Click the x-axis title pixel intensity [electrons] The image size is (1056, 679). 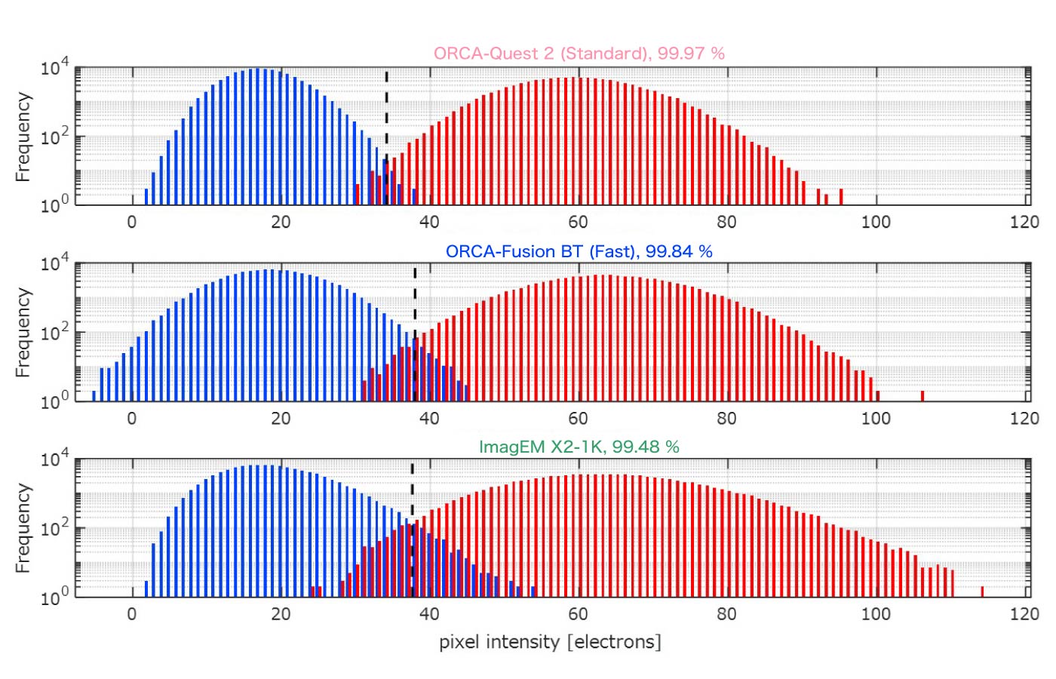click(550, 642)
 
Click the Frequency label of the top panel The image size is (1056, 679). click(23, 137)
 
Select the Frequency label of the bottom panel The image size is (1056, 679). click(23, 528)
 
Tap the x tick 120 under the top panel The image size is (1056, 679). click(1024, 222)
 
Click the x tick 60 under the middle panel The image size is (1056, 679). click(578, 419)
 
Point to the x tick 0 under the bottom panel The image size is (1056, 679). click(132, 614)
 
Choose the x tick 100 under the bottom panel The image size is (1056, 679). click(876, 614)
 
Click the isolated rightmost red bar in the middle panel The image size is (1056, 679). click(922, 396)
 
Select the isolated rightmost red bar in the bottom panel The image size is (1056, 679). click(982, 591)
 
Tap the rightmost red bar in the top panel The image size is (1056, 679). click(841, 197)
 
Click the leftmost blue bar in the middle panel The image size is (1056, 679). click(94, 396)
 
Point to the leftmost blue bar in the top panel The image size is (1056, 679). click(146, 197)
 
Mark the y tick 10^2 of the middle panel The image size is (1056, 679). click(53, 331)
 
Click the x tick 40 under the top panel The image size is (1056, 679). click(429, 222)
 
